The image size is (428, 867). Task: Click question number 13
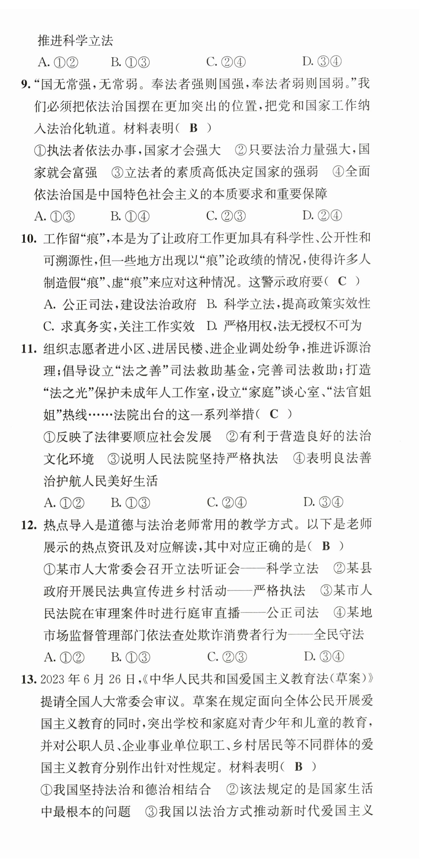point(28,680)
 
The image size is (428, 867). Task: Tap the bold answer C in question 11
point(274,414)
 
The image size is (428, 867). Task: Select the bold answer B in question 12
point(326,546)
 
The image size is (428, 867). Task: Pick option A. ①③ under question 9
point(54,216)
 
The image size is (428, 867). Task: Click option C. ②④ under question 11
point(226,502)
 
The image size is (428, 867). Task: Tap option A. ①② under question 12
point(64,657)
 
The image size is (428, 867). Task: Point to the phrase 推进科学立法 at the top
point(75,41)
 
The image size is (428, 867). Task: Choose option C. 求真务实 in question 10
point(119,326)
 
